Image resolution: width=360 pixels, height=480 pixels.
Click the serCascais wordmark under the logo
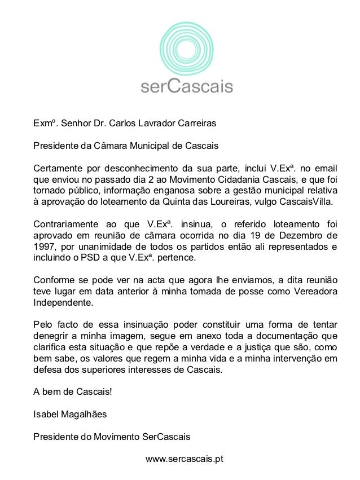coord(186,86)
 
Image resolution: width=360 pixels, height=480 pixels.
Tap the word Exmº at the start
coord(45,122)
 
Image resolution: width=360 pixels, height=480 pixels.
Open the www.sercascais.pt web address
coord(185,459)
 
